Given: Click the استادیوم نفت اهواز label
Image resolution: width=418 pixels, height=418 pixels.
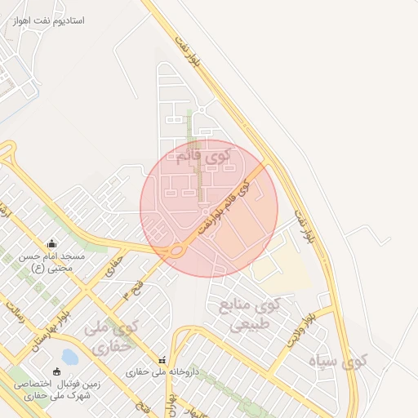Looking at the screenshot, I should tap(49, 19).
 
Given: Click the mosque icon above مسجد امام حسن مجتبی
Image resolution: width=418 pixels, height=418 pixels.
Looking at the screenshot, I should tap(52, 242).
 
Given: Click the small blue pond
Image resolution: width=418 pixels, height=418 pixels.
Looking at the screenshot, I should tap(69, 357).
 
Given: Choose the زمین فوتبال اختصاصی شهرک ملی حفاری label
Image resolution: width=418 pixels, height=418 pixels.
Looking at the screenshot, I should tap(49, 389).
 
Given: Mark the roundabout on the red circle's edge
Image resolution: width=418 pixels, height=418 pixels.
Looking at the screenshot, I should tap(175, 251).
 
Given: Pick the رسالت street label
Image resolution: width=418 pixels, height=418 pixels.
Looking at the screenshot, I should tap(16, 314).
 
